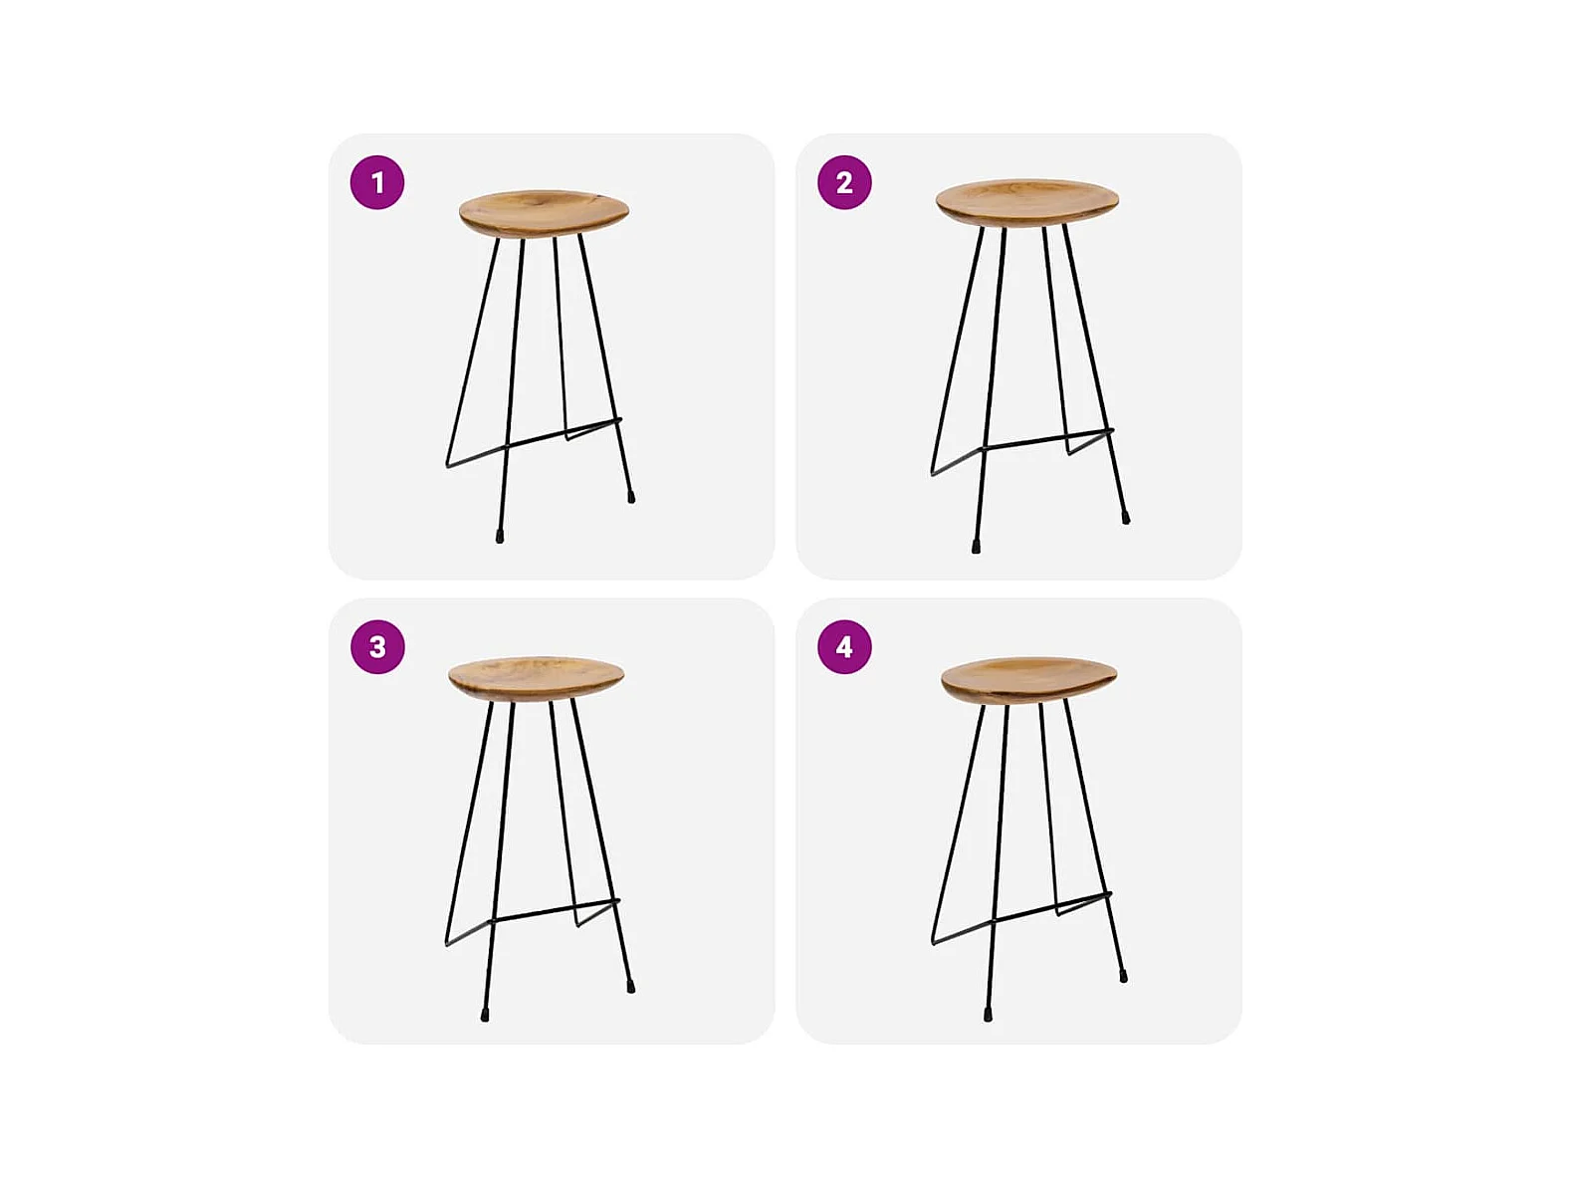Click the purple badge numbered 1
(x=377, y=182)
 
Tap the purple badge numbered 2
(x=844, y=182)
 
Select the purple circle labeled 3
(x=377, y=647)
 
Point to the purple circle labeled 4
(x=844, y=647)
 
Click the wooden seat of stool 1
(x=544, y=212)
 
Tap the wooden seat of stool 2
(x=1027, y=202)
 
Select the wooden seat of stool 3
(x=536, y=678)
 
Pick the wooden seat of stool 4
(x=1029, y=680)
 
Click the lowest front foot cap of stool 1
(x=500, y=537)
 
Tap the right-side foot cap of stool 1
(x=631, y=497)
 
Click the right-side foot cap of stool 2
(x=1126, y=518)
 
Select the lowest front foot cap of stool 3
(x=485, y=1014)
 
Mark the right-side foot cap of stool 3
(x=630, y=987)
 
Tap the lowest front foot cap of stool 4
(x=988, y=1015)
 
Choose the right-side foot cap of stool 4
(x=1123, y=976)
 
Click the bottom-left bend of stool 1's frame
(x=448, y=466)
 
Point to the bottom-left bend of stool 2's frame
(x=933, y=473)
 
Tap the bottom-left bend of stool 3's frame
(x=447, y=944)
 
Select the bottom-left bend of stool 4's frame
(x=933, y=943)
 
